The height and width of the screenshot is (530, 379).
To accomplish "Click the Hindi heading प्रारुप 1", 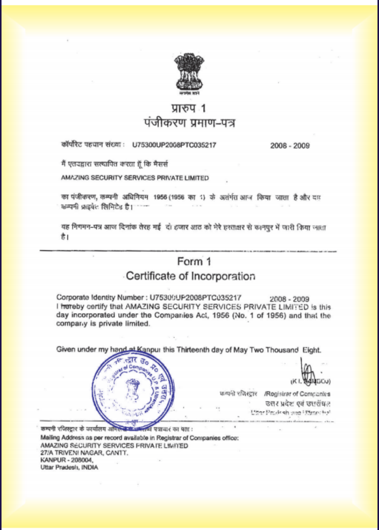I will (x=188, y=109).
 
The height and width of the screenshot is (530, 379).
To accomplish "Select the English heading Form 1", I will (x=194, y=262).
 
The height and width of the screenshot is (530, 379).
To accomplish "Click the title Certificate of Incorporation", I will (x=190, y=276).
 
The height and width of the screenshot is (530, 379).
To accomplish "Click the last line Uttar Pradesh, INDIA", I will (x=69, y=468).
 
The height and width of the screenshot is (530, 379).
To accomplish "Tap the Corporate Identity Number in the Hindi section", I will (x=174, y=145).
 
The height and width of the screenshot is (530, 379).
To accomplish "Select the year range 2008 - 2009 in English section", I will (x=290, y=299).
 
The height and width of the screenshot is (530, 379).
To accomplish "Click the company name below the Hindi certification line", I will (x=135, y=178).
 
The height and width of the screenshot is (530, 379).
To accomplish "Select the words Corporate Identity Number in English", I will (x=100, y=298).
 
